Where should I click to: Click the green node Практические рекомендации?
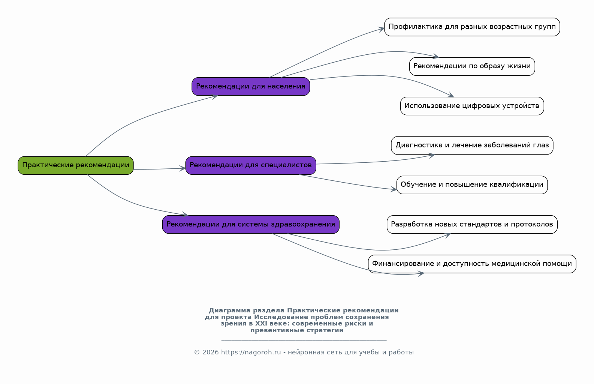coord(76,165)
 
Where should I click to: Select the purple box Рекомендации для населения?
coord(251,87)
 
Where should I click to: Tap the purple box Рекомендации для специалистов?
coord(251,165)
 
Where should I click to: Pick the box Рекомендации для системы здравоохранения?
coord(251,225)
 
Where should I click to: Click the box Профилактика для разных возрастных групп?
coord(472,27)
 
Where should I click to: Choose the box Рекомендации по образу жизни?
coord(472,66)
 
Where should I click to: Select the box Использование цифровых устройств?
coord(472,106)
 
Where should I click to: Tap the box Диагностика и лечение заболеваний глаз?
coord(472,145)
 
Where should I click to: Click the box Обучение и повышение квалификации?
coord(472,185)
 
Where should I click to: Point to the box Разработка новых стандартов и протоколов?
coord(472,225)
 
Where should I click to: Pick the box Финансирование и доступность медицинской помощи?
coord(472,264)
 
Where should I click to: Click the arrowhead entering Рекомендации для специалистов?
coord(183,168)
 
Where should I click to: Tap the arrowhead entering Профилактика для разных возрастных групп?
coord(382,29)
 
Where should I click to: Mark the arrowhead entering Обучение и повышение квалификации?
coord(394,189)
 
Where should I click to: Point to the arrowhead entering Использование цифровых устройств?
coord(450,95)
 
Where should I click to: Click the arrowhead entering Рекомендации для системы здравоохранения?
coord(185,214)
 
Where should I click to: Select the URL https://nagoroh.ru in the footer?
coord(251,352)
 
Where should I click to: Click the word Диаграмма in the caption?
coord(229,310)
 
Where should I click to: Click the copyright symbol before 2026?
coord(197,352)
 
